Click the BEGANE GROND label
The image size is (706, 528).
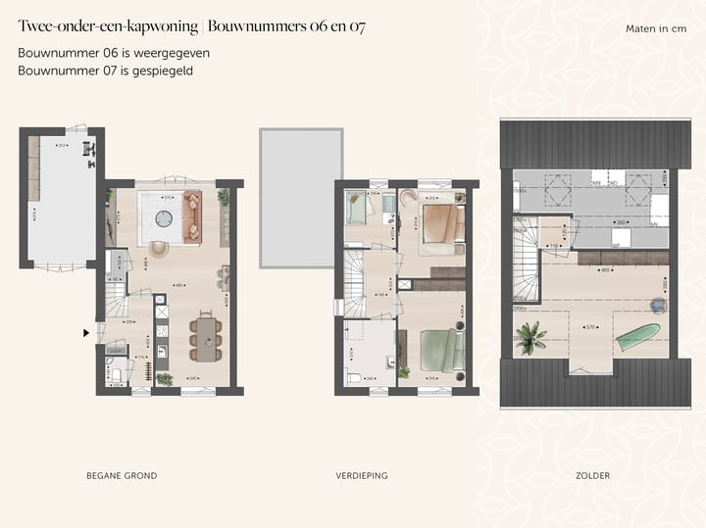(x=122, y=476)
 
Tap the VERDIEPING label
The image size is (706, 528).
(x=361, y=476)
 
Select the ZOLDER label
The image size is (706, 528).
(x=593, y=476)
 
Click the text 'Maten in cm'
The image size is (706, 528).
(x=656, y=29)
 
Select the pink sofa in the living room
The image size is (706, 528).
(x=190, y=217)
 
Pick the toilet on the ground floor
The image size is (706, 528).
(x=115, y=375)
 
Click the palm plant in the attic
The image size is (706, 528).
(x=531, y=338)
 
